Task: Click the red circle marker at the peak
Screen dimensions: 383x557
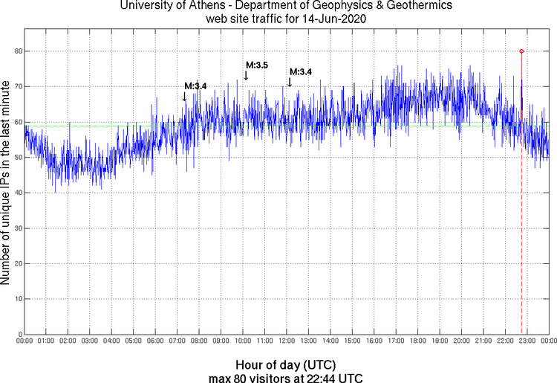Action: pyautogui.click(x=521, y=51)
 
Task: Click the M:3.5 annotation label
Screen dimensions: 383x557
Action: pyautogui.click(x=256, y=65)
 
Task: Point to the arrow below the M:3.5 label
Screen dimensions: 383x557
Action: pyautogui.click(x=246, y=74)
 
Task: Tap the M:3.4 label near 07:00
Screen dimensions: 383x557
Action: pyautogui.click(x=195, y=86)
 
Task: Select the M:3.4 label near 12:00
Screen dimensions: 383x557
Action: pyautogui.click(x=301, y=71)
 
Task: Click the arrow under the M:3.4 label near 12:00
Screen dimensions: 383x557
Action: pyautogui.click(x=290, y=81)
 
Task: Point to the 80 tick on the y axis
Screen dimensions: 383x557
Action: pyautogui.click(x=16, y=51)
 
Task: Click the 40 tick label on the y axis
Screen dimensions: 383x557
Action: pyautogui.click(x=16, y=193)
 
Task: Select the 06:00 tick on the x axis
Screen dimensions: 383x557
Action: pyautogui.click(x=155, y=341)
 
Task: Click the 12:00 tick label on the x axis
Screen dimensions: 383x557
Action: pyautogui.click(x=286, y=341)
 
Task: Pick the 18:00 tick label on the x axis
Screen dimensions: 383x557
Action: pyautogui.click(x=417, y=341)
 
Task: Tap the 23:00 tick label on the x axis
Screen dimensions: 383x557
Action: pyautogui.click(x=527, y=341)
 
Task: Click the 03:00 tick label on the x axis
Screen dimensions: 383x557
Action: pyautogui.click(x=89, y=341)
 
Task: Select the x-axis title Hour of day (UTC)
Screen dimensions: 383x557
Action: pyautogui.click(x=285, y=365)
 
